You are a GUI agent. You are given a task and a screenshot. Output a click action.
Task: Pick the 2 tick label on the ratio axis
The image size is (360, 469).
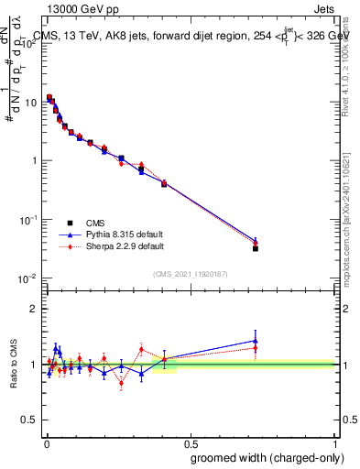(x=35, y=309)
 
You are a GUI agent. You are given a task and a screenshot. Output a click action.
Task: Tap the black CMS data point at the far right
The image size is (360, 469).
(x=256, y=248)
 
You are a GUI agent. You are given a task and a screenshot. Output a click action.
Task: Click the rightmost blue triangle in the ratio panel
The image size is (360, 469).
(x=256, y=341)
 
